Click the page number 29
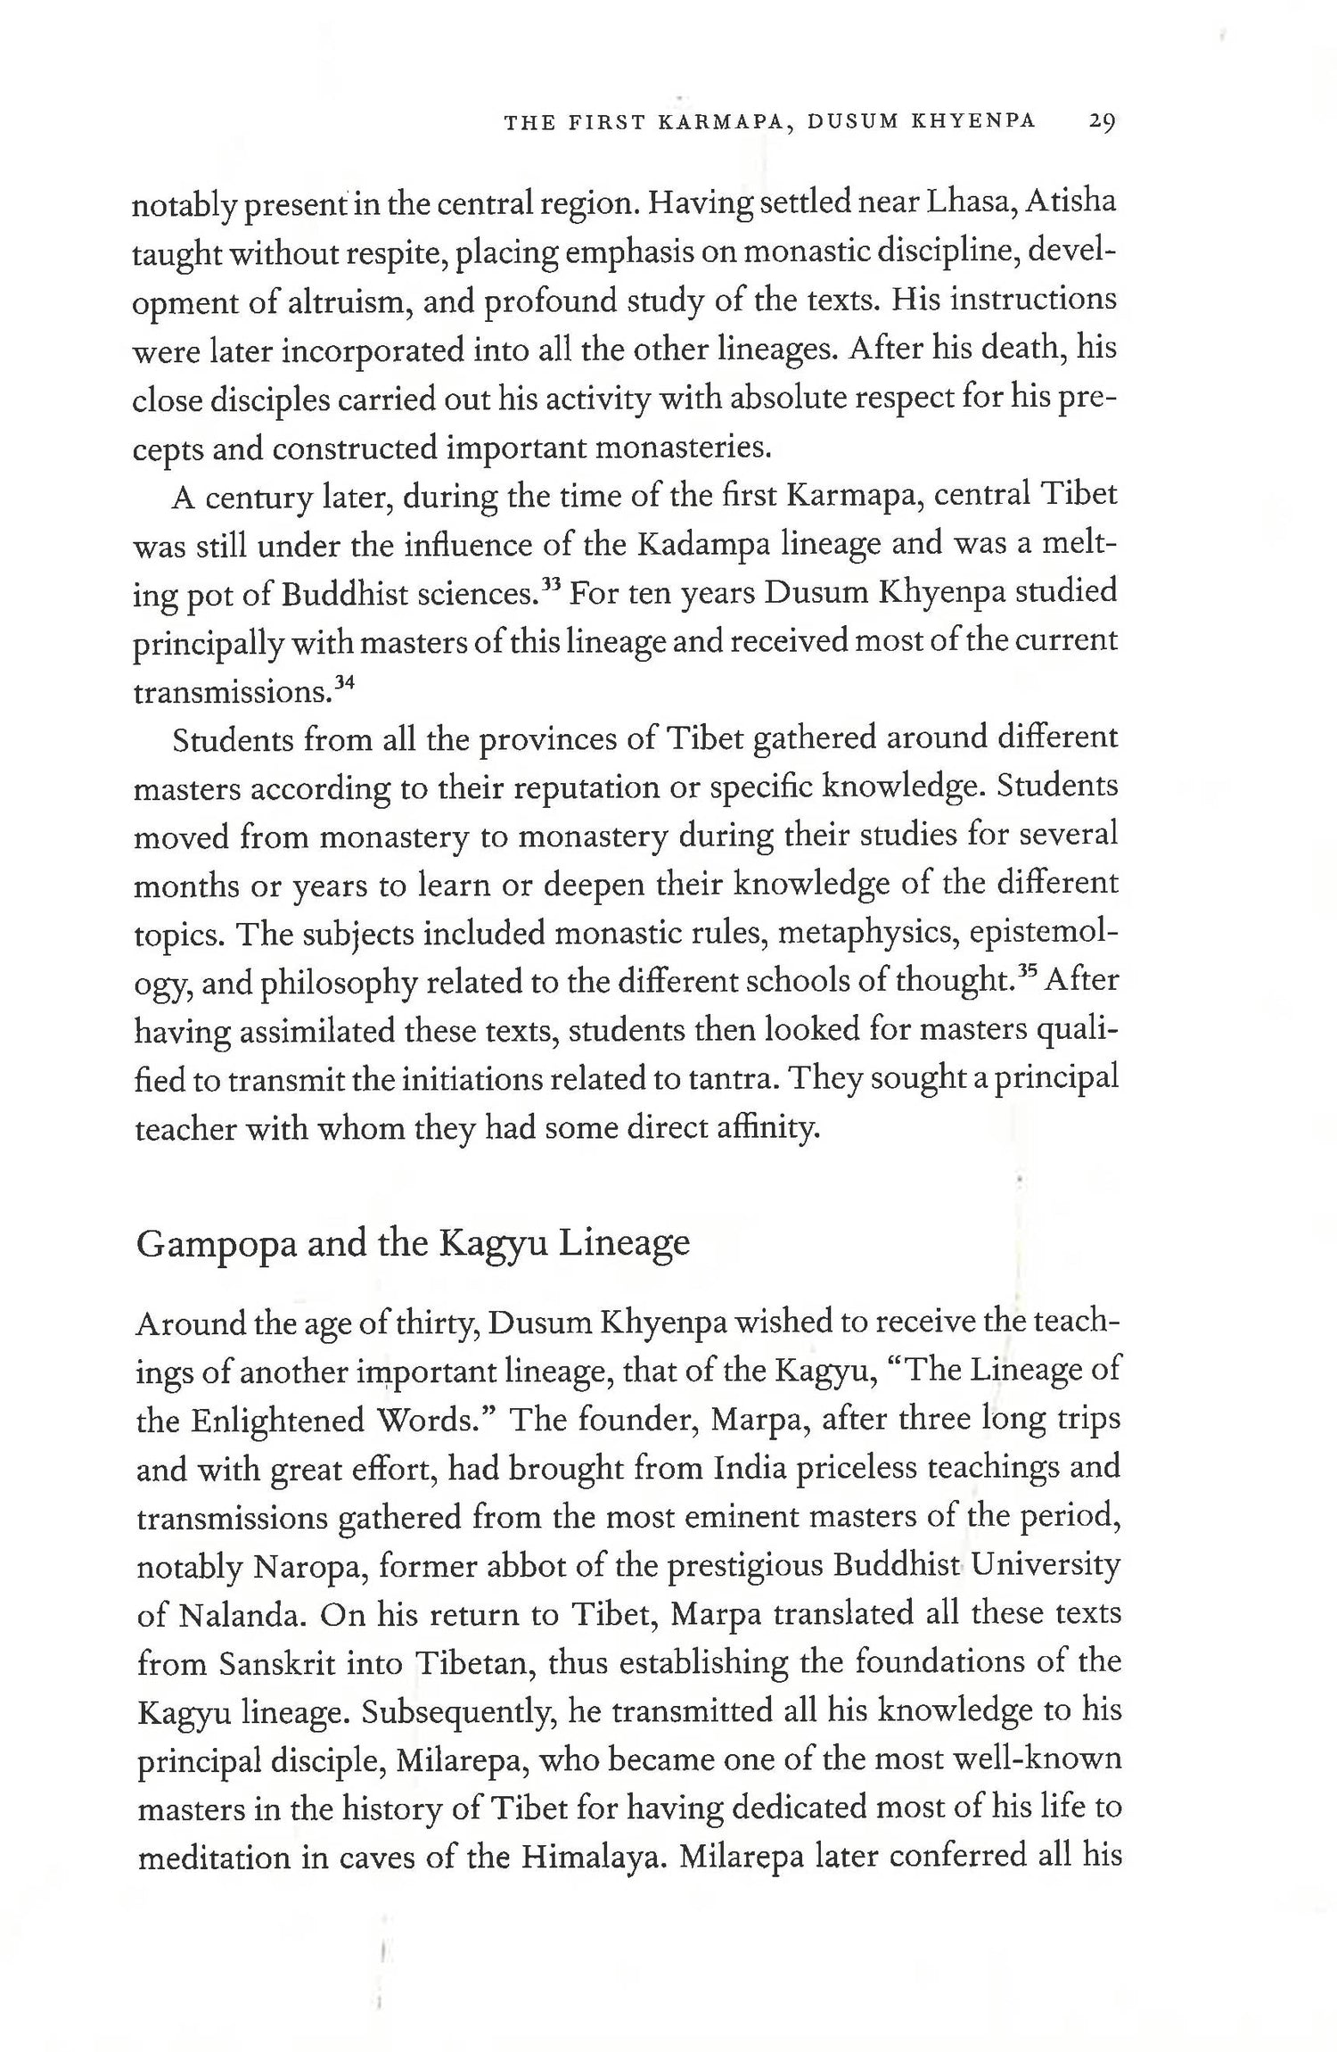tap(1102, 122)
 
